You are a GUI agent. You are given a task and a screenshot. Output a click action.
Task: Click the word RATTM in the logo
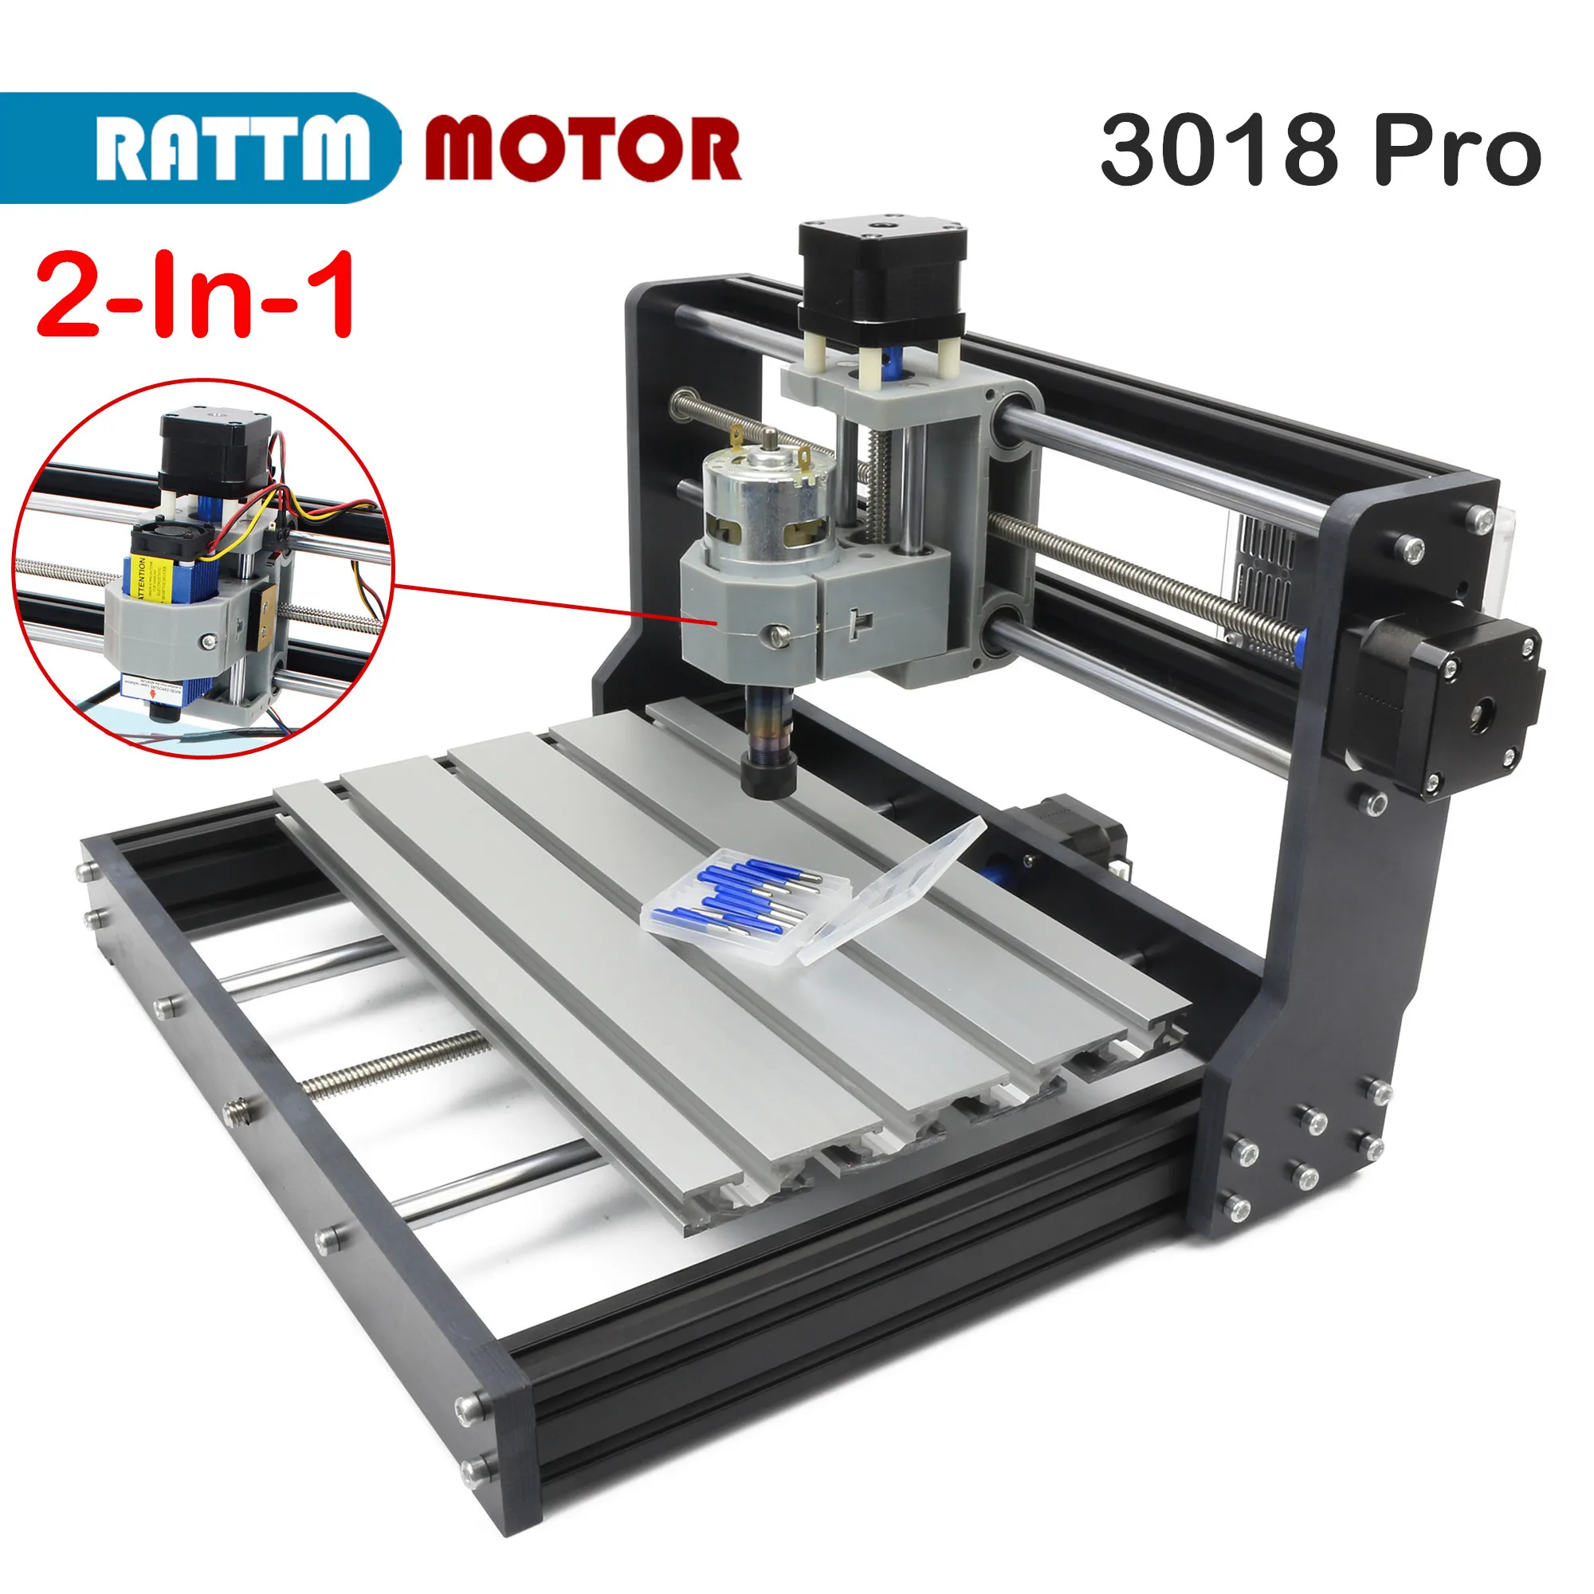[x=233, y=149]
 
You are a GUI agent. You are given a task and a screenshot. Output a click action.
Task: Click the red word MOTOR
[x=583, y=149]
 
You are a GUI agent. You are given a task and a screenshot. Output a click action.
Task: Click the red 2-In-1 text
[x=196, y=296]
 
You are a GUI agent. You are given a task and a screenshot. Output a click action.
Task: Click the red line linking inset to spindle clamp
[x=544, y=603]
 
